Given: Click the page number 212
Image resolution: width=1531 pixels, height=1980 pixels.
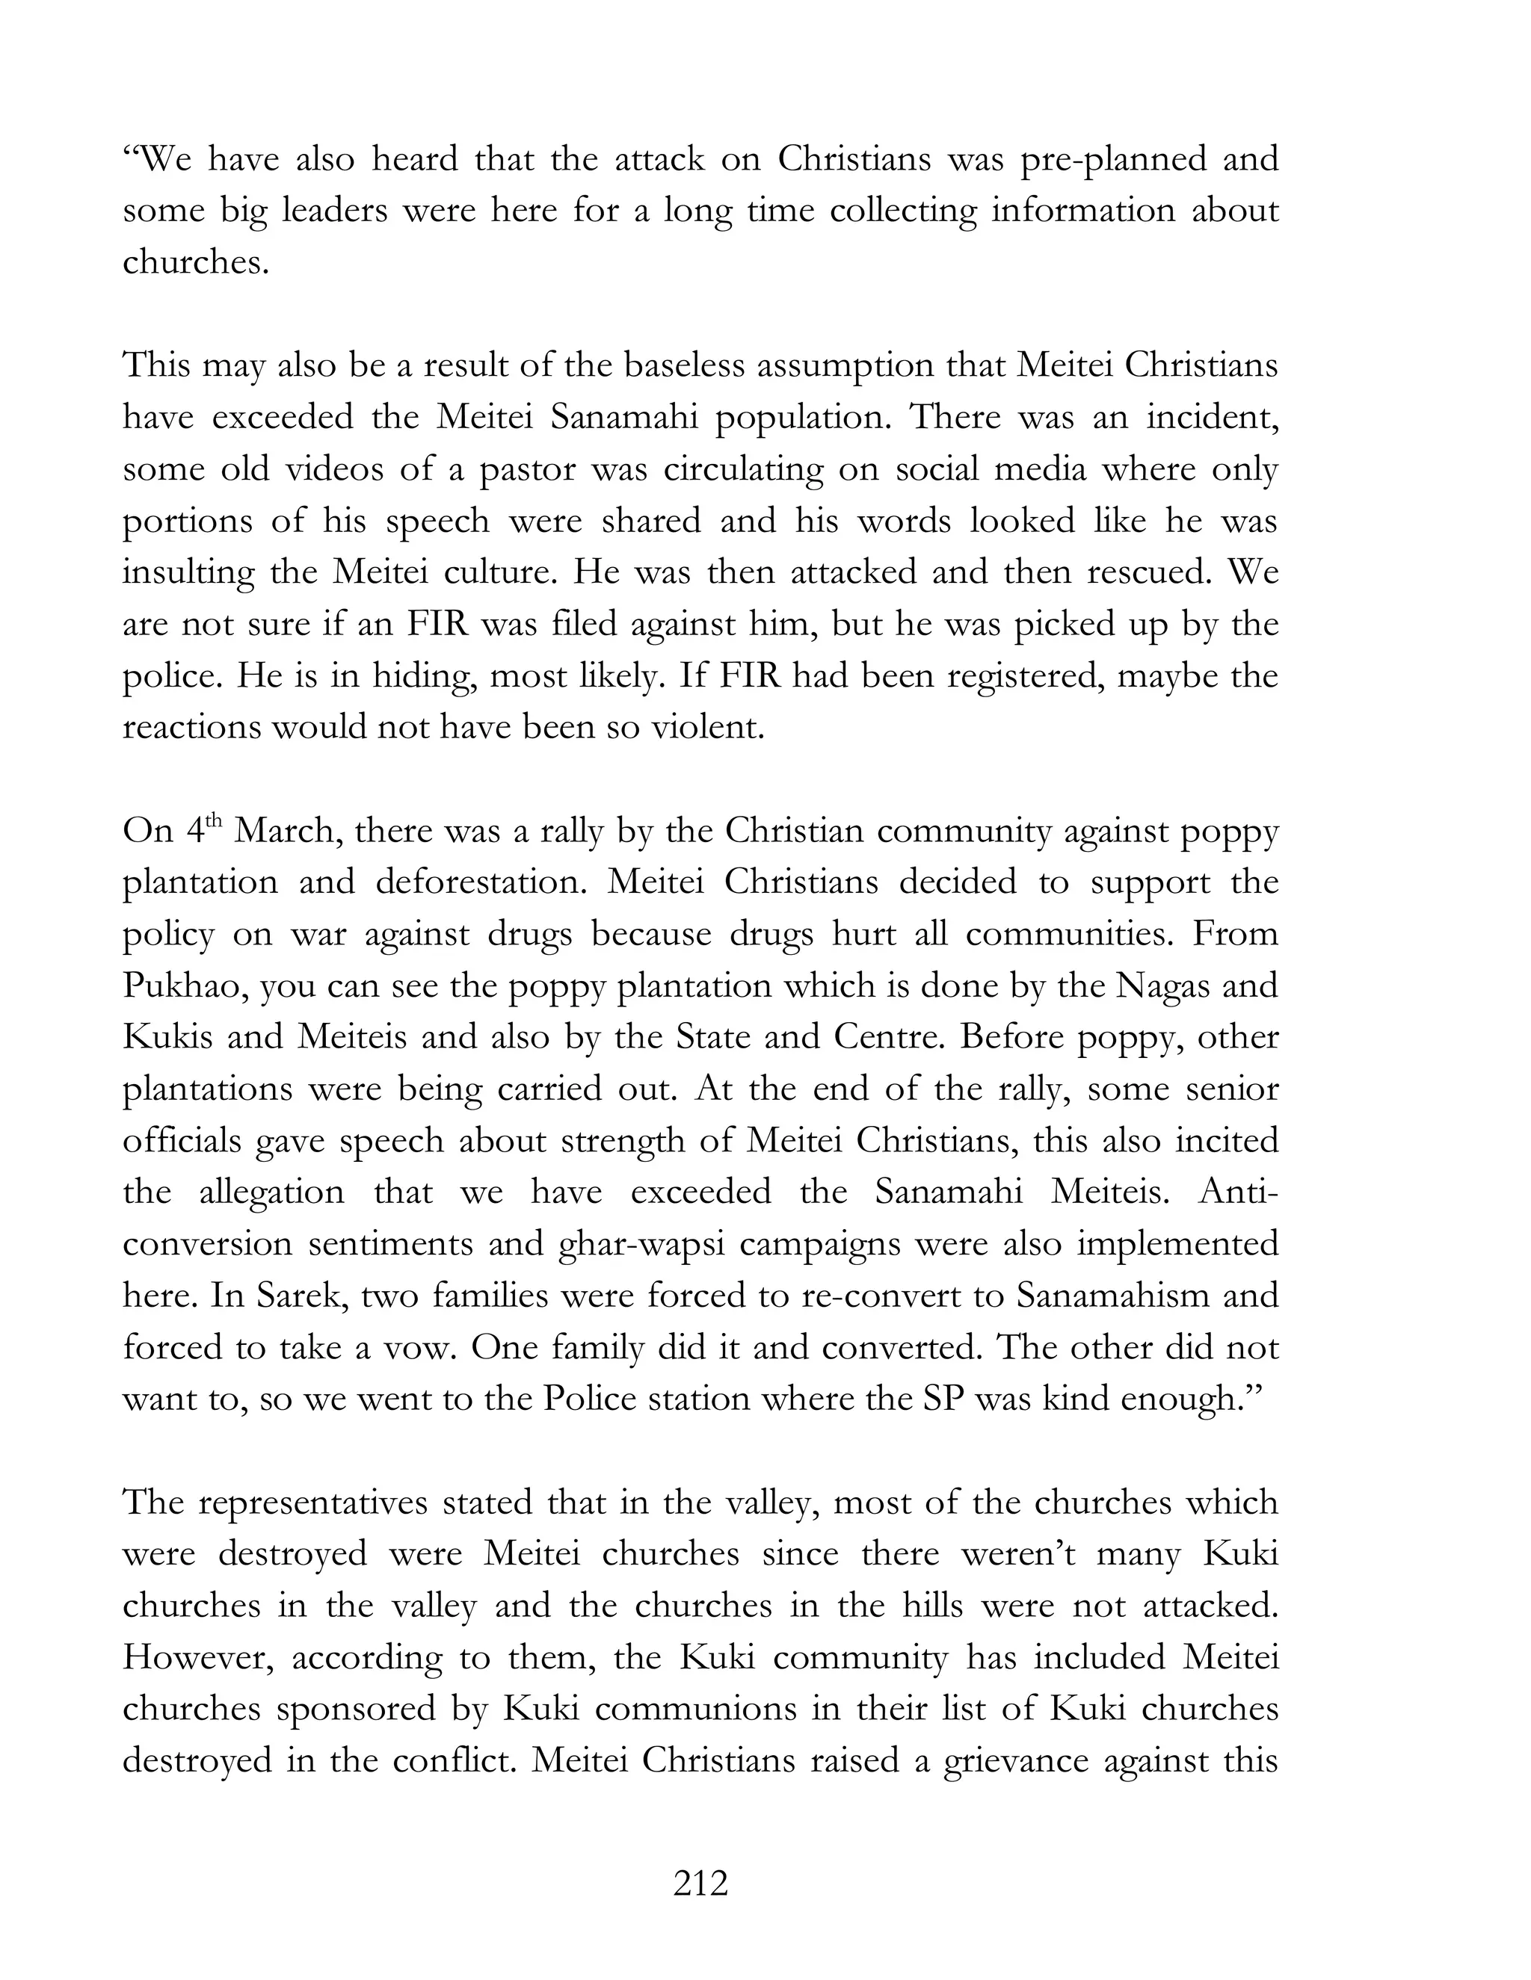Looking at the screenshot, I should coord(700,1884).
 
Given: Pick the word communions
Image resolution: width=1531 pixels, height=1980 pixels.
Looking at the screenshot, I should coord(697,1709).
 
